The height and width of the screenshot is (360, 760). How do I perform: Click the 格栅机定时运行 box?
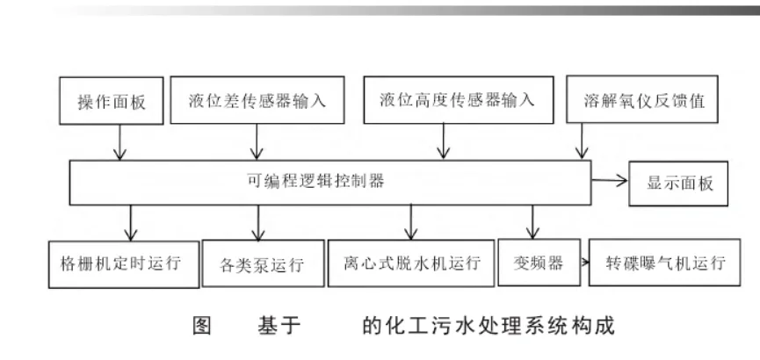(122, 262)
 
